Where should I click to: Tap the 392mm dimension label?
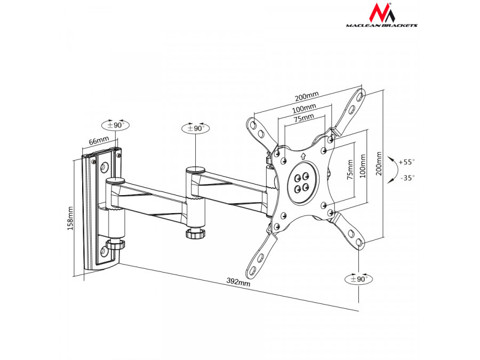[x=237, y=283]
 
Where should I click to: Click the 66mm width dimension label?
[x=98, y=141]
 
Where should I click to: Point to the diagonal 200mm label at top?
[x=307, y=97]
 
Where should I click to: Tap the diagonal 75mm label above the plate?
[x=303, y=118]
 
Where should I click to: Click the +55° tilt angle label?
[x=406, y=161]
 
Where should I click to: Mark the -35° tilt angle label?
[x=407, y=178]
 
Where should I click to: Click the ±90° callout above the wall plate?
[x=115, y=125]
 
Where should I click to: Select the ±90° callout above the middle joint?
[x=196, y=128]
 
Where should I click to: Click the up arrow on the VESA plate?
[x=302, y=157]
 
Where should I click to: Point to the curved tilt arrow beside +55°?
[x=393, y=170]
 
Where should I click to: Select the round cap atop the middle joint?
[x=194, y=170]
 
